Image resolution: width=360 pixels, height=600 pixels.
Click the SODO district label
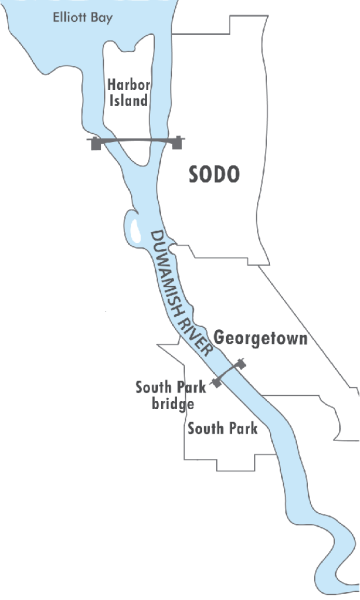pos(215,174)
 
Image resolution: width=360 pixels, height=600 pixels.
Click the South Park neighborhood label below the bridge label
pos(223,429)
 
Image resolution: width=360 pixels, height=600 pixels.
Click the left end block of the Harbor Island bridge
pos(97,143)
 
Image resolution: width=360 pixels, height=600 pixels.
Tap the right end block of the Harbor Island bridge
pos(179,142)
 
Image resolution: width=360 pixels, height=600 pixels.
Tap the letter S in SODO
pos(196,174)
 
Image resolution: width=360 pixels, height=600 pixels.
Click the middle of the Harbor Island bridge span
pos(138,143)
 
